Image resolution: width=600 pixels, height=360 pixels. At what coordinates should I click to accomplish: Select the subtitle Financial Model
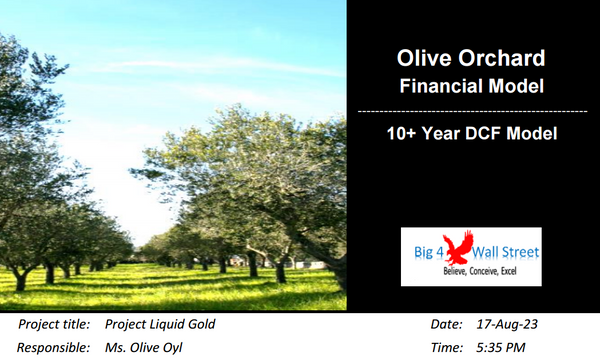(x=472, y=87)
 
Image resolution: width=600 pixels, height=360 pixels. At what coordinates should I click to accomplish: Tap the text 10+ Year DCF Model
(x=472, y=132)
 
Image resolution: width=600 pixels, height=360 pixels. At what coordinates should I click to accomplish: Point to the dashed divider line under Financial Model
(x=472, y=109)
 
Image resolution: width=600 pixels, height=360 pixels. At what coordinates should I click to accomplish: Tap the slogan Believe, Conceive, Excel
(x=484, y=271)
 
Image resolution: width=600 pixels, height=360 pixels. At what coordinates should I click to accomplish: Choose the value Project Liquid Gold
(x=160, y=325)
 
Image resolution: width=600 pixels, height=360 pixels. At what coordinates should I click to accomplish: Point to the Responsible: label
(x=54, y=348)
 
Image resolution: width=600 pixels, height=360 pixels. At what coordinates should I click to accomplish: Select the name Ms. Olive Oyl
(x=144, y=348)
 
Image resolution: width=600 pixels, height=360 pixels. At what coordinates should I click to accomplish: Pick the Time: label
(x=446, y=348)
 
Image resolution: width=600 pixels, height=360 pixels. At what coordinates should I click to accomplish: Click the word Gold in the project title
(x=199, y=325)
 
